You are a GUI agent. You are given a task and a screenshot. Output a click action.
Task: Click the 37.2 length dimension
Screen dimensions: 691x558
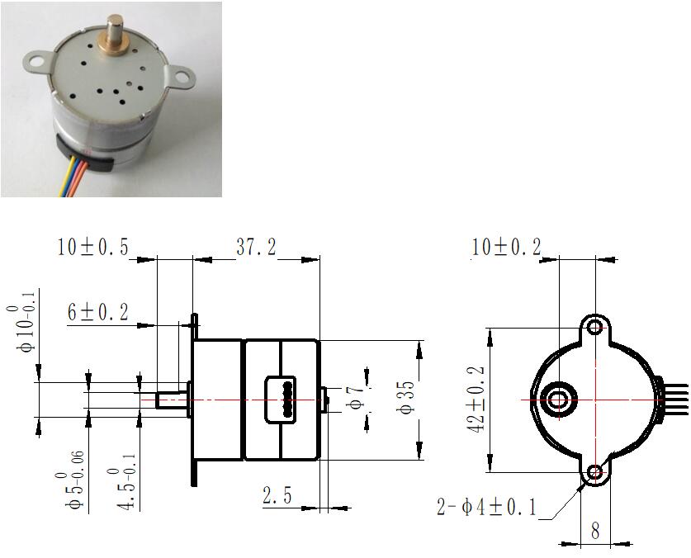256,248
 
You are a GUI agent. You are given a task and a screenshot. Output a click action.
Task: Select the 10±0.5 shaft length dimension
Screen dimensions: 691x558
93,248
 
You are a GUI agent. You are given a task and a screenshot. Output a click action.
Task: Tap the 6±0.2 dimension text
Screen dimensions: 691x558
98,313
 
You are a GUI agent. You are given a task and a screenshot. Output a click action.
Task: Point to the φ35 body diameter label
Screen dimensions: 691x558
407,398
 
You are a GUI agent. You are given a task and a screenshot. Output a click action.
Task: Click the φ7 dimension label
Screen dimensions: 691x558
357,398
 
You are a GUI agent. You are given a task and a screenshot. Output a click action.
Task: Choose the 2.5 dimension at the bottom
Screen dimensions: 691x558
277,495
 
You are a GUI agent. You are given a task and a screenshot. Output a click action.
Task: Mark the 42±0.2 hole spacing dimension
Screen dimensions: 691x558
476,400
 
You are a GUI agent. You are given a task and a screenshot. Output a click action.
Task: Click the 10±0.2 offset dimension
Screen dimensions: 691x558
506,247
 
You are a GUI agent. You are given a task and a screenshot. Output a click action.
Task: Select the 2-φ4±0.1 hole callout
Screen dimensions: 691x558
486,507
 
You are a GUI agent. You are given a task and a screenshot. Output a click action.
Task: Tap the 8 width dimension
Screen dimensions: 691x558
595,531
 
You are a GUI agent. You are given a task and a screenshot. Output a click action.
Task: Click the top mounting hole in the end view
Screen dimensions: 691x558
595,327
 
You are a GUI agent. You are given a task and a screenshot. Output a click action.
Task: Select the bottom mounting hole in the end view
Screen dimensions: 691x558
595,473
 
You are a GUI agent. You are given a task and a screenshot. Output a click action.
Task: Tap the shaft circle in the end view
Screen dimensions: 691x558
559,400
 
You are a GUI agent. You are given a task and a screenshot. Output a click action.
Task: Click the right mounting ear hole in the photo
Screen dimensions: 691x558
182,78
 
